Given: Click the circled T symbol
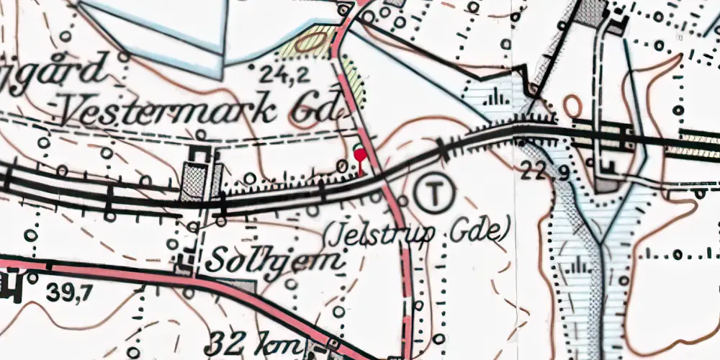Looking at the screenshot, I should pyautogui.click(x=435, y=193).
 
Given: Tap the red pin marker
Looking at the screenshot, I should pyautogui.click(x=359, y=153).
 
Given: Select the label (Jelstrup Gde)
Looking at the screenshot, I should pyautogui.click(x=417, y=233).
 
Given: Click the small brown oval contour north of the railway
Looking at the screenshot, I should pyautogui.click(x=573, y=107).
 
